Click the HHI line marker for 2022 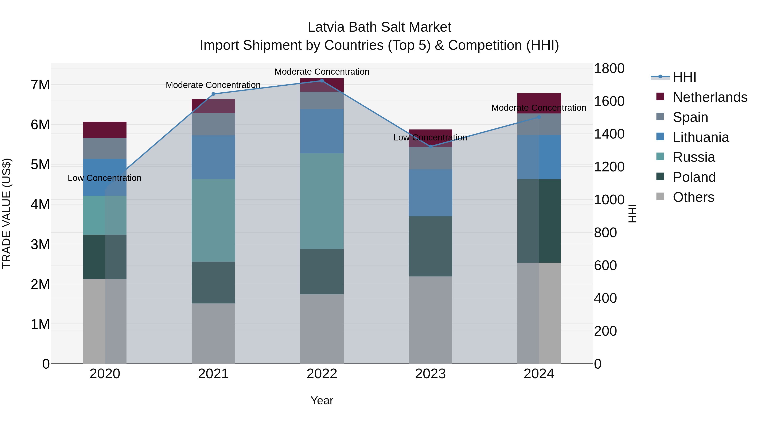(322, 81)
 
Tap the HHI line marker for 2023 (430, 147)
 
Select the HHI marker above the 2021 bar (213, 94)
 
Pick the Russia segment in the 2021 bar (213, 220)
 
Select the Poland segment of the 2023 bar (430, 246)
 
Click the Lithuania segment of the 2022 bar (322, 131)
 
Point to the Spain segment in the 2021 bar (213, 124)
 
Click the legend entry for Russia (694, 157)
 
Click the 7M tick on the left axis (40, 85)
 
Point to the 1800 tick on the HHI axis (609, 68)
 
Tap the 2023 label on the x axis (430, 374)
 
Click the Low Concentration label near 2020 (104, 178)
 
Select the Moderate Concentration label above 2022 (322, 72)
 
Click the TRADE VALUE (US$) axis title (7, 213)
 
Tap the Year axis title (322, 400)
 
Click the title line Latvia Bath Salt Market (379, 27)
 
